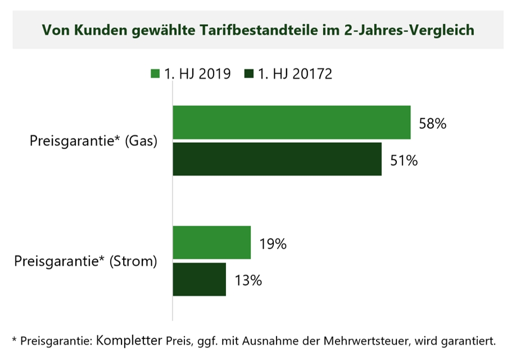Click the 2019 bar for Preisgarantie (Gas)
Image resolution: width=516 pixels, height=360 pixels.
(291, 122)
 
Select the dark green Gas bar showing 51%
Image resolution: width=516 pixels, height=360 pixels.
(277, 159)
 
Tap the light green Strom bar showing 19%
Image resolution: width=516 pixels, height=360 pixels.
(211, 242)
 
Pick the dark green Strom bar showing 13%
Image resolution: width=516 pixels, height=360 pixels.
(199, 280)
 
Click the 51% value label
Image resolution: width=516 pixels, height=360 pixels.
(404, 161)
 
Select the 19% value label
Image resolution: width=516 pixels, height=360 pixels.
(273, 244)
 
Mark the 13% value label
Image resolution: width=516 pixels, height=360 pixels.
(248, 281)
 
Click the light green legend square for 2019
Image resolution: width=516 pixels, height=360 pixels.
(155, 74)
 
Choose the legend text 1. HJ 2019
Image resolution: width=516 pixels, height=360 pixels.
(197, 74)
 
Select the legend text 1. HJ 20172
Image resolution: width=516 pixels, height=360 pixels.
(295, 74)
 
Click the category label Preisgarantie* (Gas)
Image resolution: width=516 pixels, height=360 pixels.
(93, 141)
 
